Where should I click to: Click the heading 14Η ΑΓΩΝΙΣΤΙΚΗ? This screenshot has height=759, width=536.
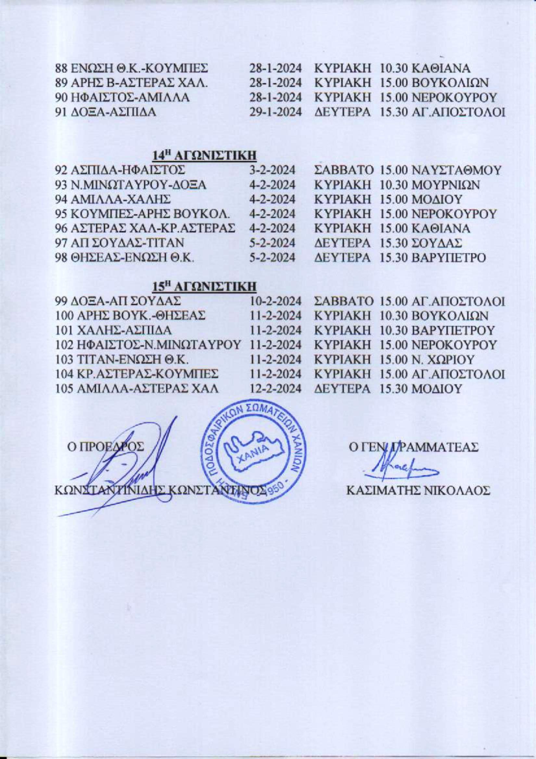[205, 155]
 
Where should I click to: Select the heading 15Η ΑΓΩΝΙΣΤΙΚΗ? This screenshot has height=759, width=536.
[205, 286]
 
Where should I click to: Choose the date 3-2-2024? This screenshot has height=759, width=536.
[272, 170]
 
